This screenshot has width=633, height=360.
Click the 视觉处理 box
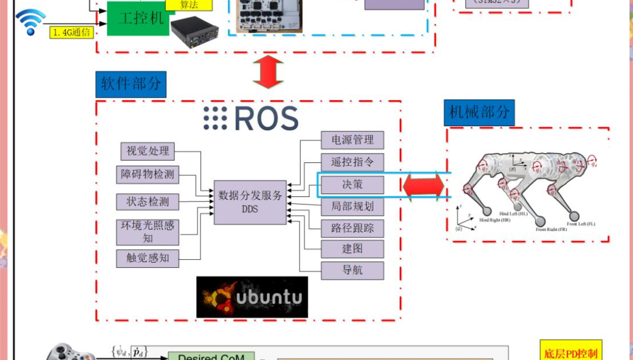pos(148,151)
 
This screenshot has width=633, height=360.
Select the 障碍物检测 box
pos(148,175)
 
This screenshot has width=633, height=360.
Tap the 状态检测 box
pos(148,202)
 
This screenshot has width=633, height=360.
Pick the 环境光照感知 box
pos(148,232)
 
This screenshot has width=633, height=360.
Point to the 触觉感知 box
pos(148,258)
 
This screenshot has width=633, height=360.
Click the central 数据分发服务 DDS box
pos(250,202)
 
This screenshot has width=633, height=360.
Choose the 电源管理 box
pos(352,140)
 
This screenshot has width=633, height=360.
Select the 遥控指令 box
pos(352,162)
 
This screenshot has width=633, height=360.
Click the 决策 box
pos(352,185)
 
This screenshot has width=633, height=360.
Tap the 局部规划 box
pos(352,206)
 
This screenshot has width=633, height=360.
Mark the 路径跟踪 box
pos(352,228)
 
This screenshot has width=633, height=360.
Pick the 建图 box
pos(352,249)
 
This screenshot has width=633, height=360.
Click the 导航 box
pos(352,270)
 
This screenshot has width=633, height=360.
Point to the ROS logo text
pos(251,118)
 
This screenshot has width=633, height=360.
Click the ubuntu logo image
pos(252,297)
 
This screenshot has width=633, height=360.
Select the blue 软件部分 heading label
pos(131,84)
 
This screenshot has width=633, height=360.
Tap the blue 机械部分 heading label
pos(479,112)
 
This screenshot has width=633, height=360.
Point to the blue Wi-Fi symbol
pos(29,22)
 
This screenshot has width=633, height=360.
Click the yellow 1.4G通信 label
pos(72,33)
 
